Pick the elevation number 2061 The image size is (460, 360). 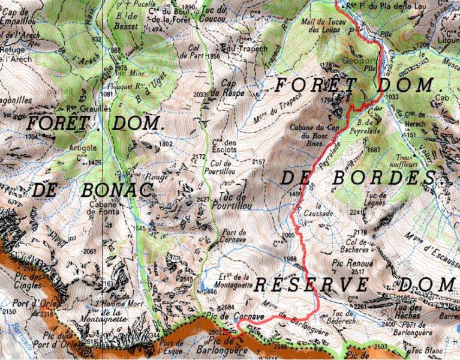tap(90, 251)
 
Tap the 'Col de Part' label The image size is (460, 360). tap(192, 52)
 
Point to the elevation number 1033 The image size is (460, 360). tap(392, 97)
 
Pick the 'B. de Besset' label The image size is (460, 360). tap(129, 19)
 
